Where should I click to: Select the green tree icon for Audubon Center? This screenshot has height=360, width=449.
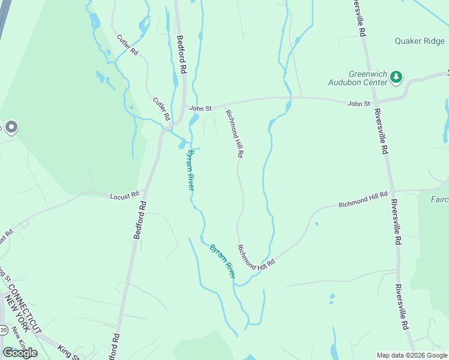[x=396, y=77]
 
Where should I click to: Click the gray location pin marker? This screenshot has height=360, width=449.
[x=11, y=127]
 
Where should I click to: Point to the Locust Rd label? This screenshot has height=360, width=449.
[x=125, y=195]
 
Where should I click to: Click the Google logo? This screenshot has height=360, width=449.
[x=20, y=353]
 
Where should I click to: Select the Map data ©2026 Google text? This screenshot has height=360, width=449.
[x=411, y=355]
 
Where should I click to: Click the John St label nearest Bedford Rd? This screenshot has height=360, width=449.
[x=200, y=108]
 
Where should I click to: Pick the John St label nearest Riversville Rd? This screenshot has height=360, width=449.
[x=358, y=104]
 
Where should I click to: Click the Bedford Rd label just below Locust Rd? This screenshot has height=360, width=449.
[x=140, y=220]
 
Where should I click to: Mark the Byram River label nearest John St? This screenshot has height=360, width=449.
[x=190, y=170]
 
